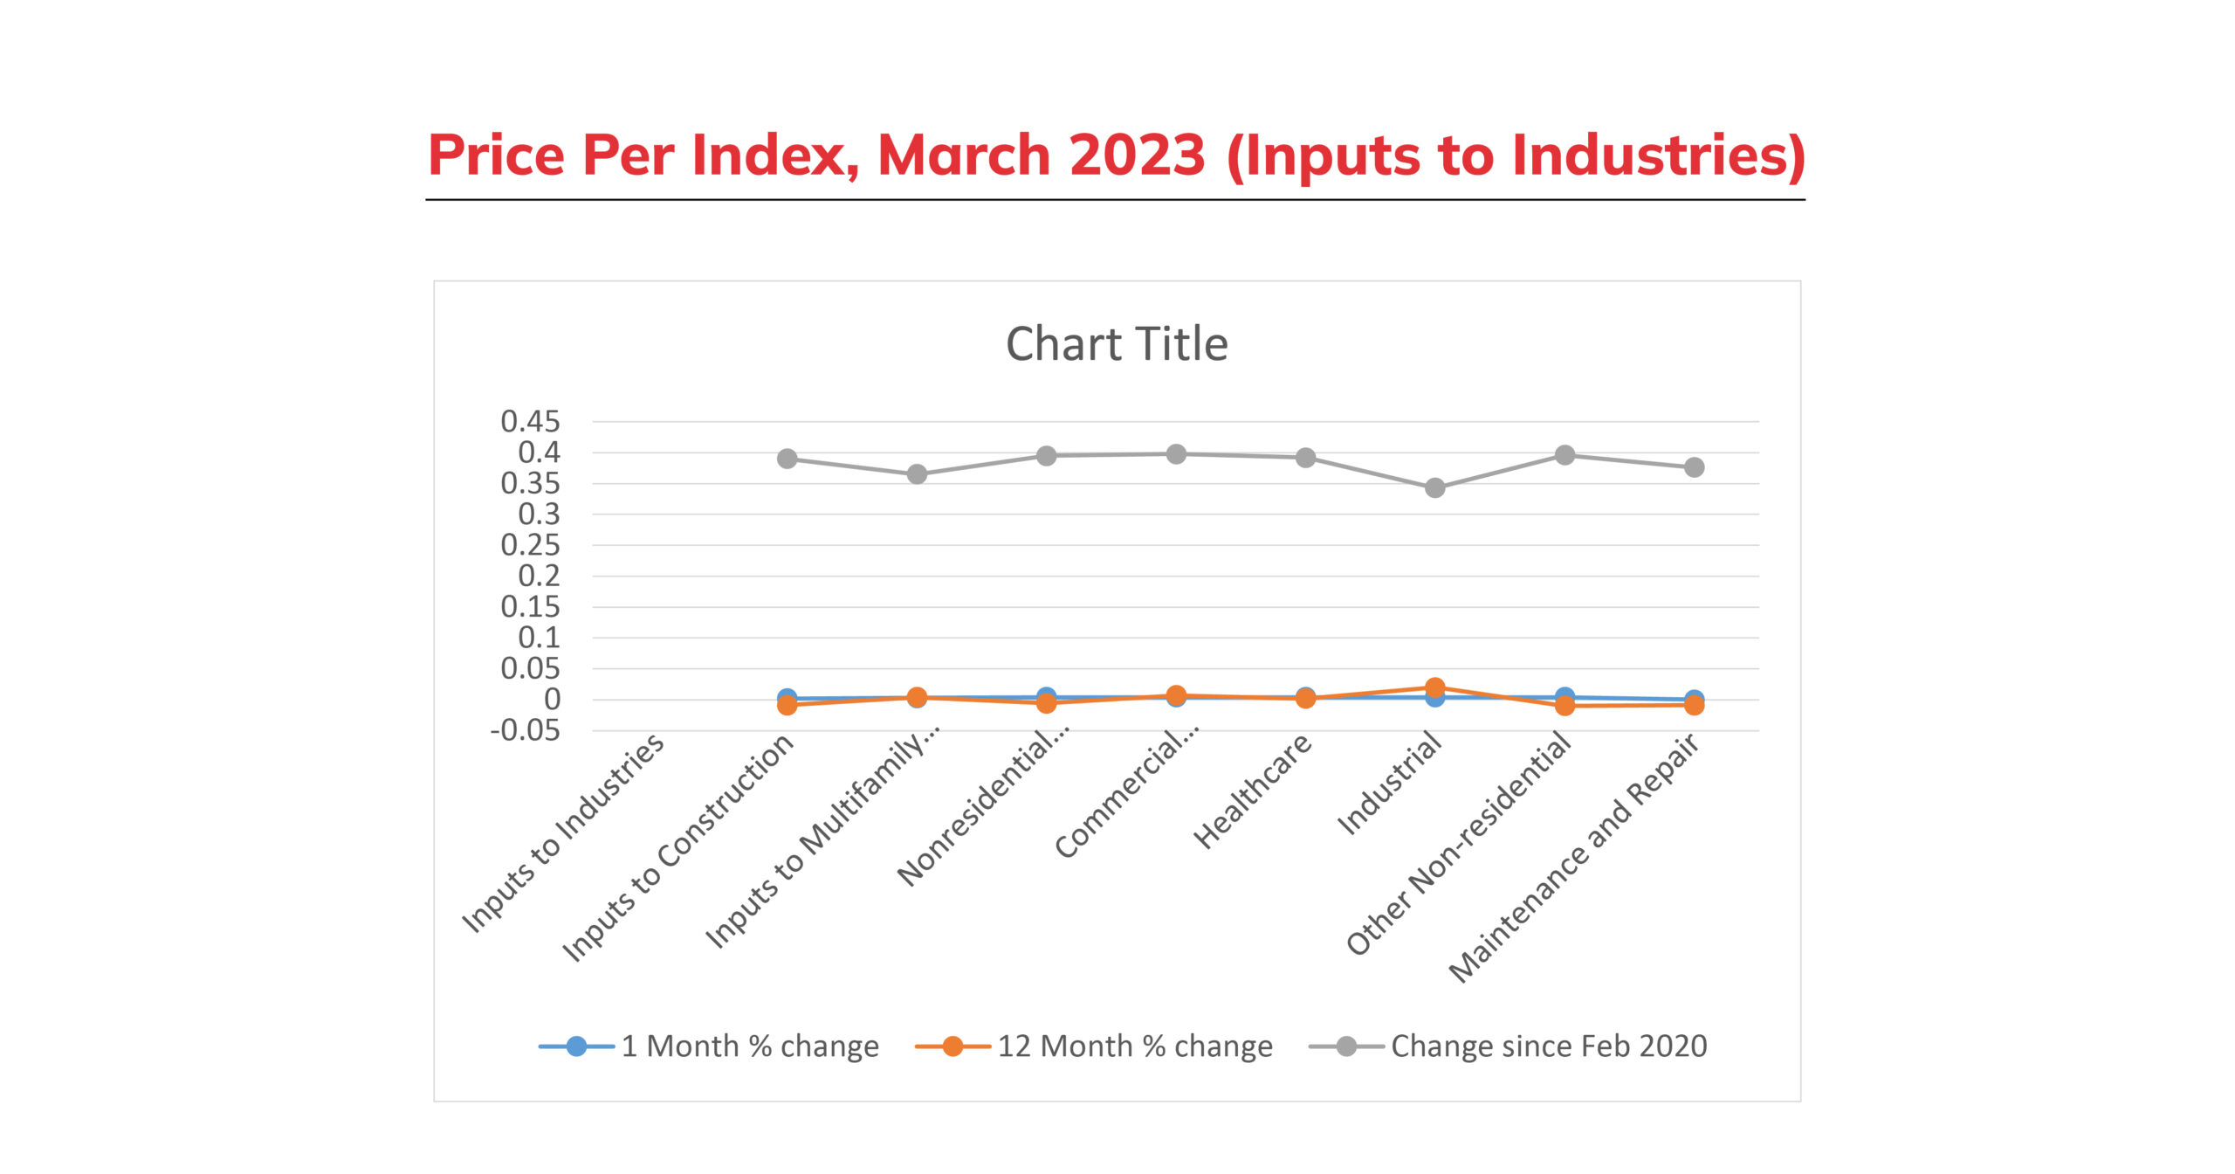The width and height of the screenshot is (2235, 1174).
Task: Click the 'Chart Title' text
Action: click(x=1117, y=344)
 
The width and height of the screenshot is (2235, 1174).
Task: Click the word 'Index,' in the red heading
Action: click(x=775, y=155)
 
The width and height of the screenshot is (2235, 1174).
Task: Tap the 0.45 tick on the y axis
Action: click(x=530, y=422)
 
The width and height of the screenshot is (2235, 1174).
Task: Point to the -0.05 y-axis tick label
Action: click(x=525, y=730)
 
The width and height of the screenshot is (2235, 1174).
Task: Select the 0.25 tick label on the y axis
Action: click(x=530, y=545)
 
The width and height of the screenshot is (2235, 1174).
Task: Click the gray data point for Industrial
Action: click(x=1434, y=488)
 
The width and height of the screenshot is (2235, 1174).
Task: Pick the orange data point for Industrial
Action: click(x=1434, y=687)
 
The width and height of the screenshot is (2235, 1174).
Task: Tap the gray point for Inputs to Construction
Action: click(x=787, y=459)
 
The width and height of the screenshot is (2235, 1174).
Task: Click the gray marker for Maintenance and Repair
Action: click(x=1694, y=467)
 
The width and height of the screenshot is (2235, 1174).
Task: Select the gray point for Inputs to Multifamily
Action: click(x=917, y=474)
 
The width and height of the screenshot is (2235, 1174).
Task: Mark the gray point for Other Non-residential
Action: click(x=1564, y=455)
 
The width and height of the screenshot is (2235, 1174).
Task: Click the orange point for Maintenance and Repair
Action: click(x=1694, y=705)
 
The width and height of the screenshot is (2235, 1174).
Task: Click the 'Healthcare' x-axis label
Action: click(x=1253, y=791)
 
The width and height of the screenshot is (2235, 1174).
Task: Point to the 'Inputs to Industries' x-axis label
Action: click(x=563, y=833)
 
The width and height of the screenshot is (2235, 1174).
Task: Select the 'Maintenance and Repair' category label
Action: click(x=1574, y=858)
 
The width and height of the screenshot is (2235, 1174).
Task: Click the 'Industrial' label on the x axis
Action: click(x=1389, y=784)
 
